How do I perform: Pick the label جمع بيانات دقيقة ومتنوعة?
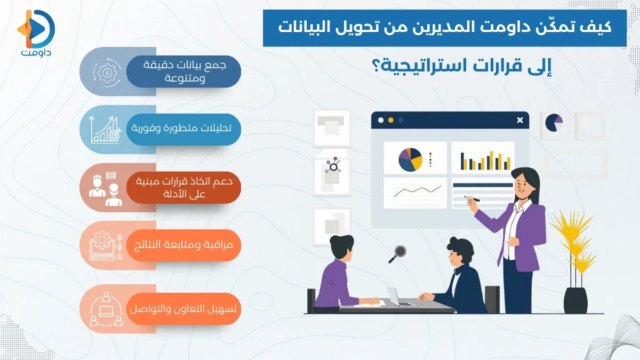(184, 71)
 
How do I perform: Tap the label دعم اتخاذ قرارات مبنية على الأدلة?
(184, 188)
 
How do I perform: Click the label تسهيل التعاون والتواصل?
(184, 309)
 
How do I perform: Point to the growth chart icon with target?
(104, 129)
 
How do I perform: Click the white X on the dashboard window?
(519, 121)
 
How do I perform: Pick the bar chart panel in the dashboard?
(483, 158)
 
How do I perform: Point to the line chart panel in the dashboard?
(415, 192)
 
